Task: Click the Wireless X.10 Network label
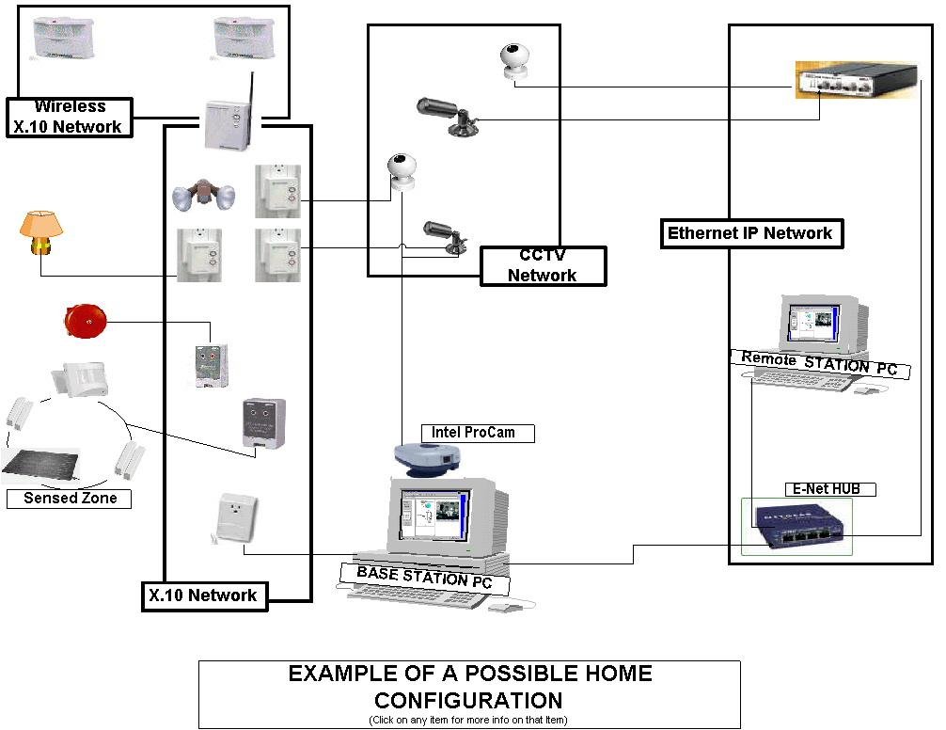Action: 69,117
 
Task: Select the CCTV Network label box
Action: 543,265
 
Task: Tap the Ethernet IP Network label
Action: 749,233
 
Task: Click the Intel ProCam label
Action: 478,433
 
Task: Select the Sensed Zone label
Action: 70,498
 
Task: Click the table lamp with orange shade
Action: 40,232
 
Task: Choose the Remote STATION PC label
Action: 819,363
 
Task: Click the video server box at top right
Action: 854,80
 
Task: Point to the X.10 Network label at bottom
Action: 202,595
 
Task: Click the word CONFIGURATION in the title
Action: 468,700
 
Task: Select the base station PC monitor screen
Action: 434,514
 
